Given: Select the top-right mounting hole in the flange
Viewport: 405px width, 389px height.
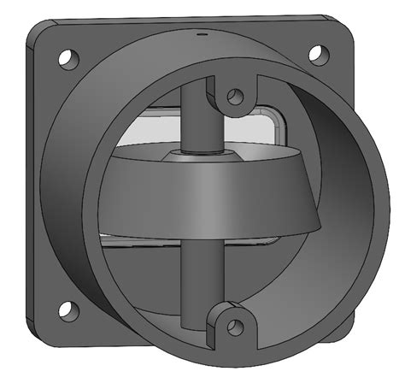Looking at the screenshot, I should [317, 54].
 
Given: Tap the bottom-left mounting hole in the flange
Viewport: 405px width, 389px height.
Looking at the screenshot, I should [67, 309].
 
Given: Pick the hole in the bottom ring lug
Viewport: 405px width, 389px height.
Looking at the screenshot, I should [233, 325].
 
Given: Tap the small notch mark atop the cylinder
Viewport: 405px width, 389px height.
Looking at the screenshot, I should [202, 35].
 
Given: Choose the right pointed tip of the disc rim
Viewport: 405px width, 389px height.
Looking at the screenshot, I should [320, 225].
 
